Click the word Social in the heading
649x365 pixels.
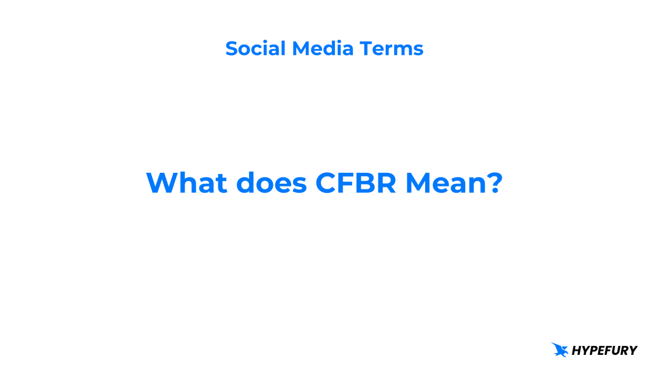point(255,49)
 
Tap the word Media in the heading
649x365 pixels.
point(323,49)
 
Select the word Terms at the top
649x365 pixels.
point(391,49)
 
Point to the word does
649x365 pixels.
point(271,183)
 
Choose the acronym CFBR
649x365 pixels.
point(356,183)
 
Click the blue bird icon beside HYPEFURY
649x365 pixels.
point(560,350)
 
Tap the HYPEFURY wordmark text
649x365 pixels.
point(604,351)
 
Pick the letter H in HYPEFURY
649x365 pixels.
point(576,351)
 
